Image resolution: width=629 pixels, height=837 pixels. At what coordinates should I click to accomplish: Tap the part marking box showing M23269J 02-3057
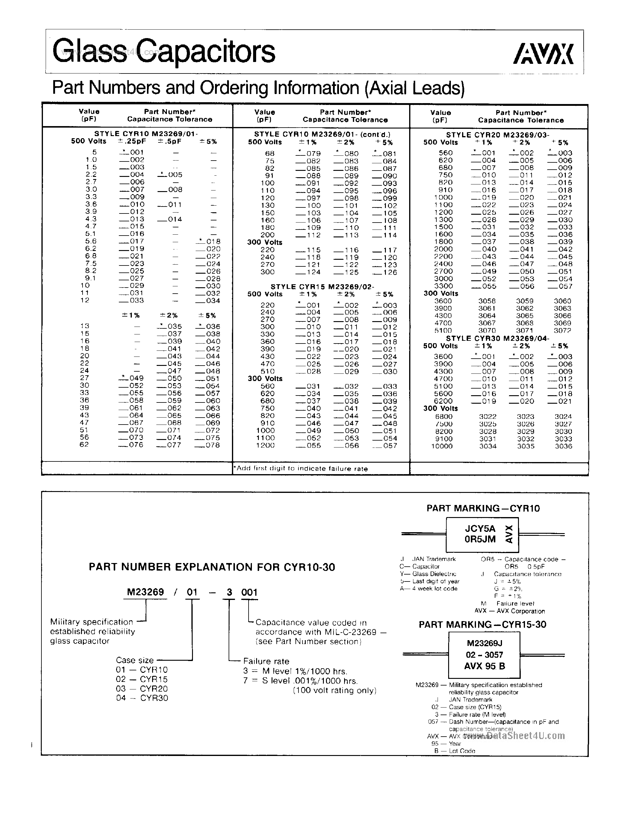(x=484, y=655)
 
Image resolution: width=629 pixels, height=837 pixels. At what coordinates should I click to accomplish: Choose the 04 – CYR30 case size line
(x=142, y=698)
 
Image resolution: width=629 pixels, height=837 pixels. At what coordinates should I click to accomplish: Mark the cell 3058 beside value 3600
(x=487, y=301)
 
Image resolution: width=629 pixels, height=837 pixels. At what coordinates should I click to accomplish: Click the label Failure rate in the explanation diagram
(x=266, y=661)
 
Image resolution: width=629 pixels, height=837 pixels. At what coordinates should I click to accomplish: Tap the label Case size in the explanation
(x=135, y=660)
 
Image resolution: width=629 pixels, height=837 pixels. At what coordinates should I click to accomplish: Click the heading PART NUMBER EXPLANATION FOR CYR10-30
(x=212, y=567)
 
